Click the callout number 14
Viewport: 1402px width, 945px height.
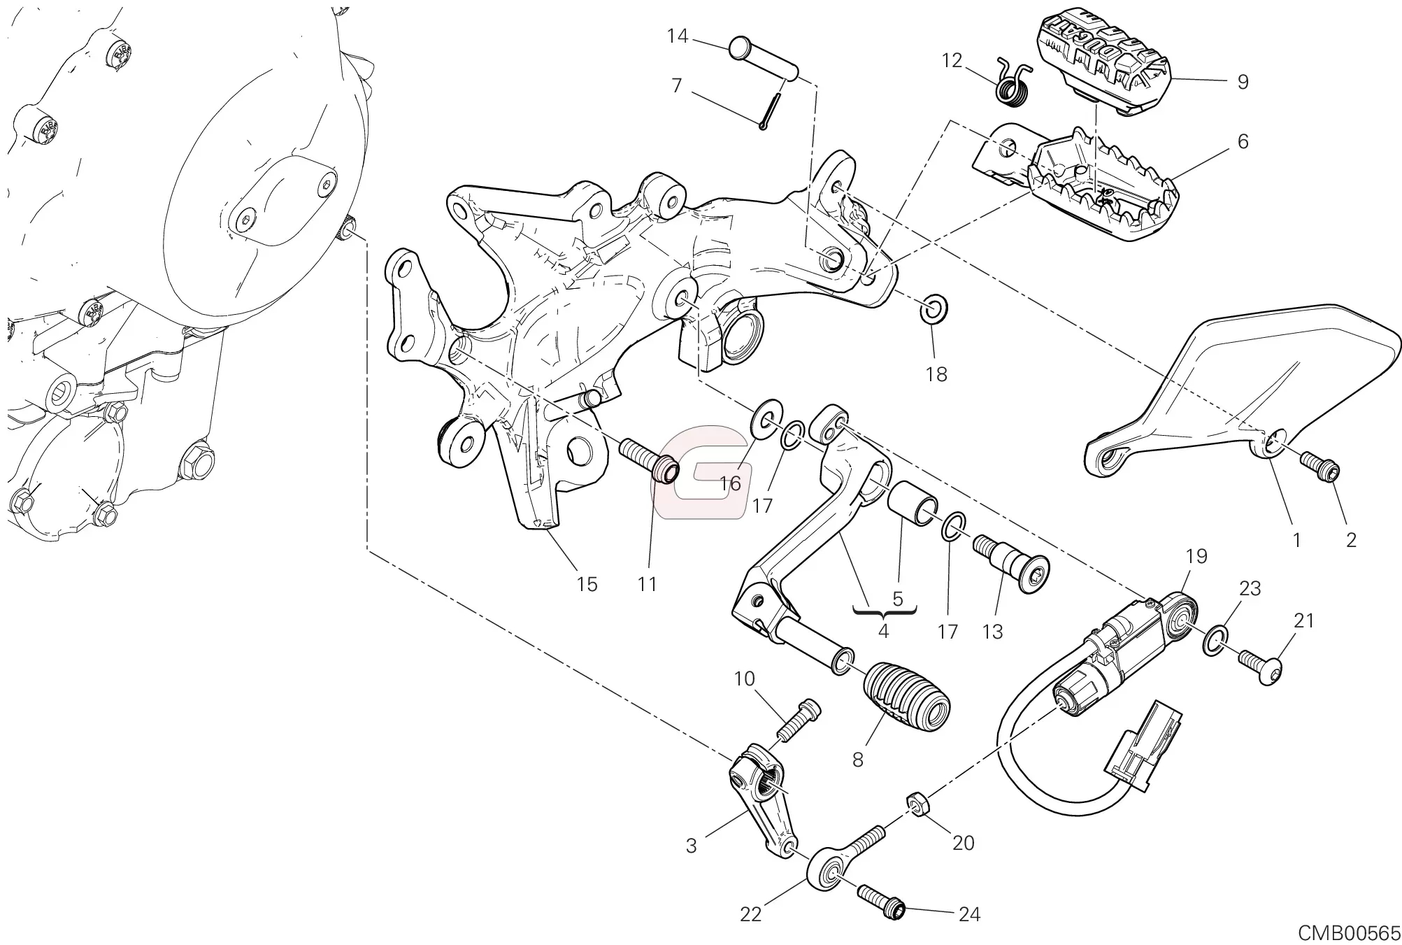pyautogui.click(x=677, y=36)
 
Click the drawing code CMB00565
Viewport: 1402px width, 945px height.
pyautogui.click(x=1349, y=933)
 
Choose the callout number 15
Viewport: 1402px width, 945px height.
pyautogui.click(x=587, y=584)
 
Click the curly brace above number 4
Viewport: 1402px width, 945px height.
pyautogui.click(x=884, y=613)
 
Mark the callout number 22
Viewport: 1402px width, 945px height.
pyautogui.click(x=750, y=914)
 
